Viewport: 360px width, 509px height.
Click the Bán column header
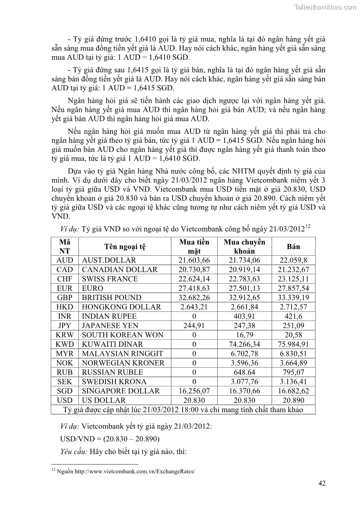point(293,247)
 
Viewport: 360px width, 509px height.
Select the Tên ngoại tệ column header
point(125,247)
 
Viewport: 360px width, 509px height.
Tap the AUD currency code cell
point(65,260)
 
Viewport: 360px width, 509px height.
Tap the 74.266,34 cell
point(244,344)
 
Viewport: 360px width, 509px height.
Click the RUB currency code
point(65,372)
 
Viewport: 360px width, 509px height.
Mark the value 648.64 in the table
point(244,372)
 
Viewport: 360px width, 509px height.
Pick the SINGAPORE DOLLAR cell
point(120,391)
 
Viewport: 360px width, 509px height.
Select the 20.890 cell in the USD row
point(293,400)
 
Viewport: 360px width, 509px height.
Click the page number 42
point(322,483)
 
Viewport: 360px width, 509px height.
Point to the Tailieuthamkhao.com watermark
point(326,7)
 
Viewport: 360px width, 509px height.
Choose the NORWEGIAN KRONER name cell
point(123,363)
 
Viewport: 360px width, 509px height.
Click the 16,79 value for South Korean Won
point(244,335)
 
